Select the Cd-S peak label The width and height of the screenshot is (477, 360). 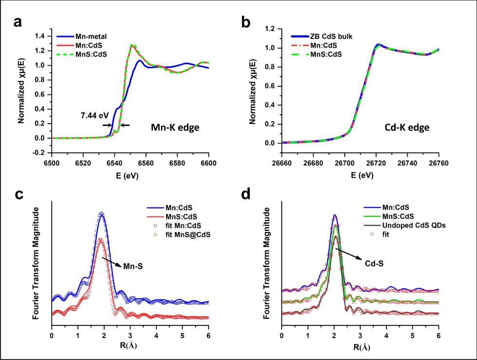point(374,264)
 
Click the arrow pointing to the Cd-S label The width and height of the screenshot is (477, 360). point(349,253)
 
